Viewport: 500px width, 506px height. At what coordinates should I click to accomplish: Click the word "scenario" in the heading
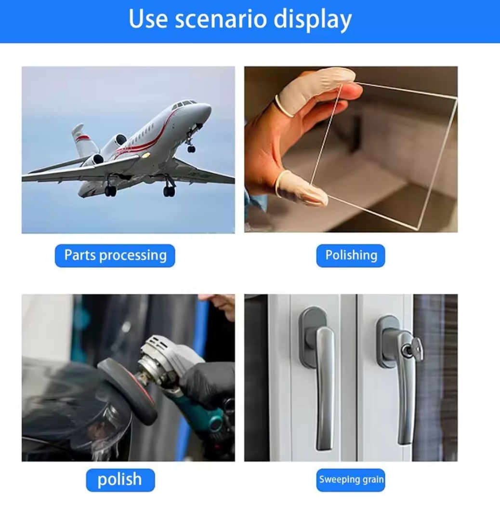[221, 19]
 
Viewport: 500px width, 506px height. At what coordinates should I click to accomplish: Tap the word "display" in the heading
[313, 20]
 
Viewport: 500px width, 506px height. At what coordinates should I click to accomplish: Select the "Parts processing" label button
[115, 255]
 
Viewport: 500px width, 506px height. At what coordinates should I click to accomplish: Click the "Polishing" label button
[351, 255]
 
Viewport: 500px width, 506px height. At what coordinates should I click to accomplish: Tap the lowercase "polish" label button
[120, 480]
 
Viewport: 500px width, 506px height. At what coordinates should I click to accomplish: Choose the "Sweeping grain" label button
[351, 480]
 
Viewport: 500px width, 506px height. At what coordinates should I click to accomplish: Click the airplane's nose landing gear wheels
[191, 149]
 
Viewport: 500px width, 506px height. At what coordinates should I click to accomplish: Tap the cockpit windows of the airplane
[185, 104]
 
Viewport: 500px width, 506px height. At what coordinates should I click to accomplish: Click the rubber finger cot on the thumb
[303, 188]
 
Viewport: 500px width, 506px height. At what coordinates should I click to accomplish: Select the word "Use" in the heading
[148, 19]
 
